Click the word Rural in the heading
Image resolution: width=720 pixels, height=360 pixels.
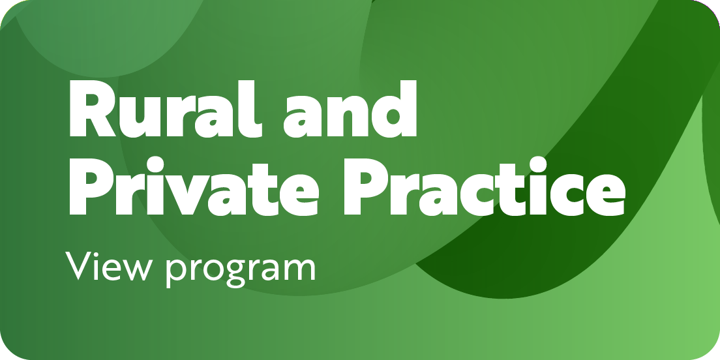point(166,109)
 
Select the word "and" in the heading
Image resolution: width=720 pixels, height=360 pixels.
point(350,109)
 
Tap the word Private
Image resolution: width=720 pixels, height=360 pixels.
point(193,187)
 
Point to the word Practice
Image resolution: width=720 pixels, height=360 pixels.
point(485,187)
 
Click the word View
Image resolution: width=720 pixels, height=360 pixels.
point(109,265)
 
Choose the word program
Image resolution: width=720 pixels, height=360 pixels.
point(241,271)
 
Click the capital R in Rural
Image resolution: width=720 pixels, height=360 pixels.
point(93,109)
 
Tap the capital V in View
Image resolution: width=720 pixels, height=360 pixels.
point(79,265)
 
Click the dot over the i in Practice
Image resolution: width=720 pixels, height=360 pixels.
point(537,165)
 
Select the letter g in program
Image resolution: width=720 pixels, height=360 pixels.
point(235,274)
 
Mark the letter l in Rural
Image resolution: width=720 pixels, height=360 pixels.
point(250,109)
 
